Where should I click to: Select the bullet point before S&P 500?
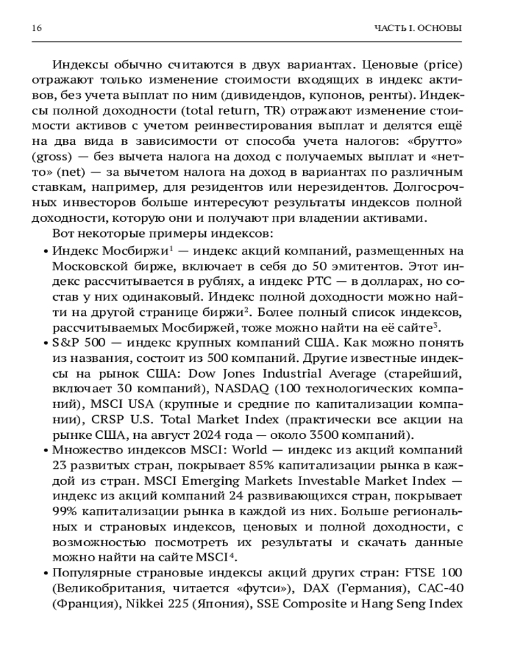(45, 343)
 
